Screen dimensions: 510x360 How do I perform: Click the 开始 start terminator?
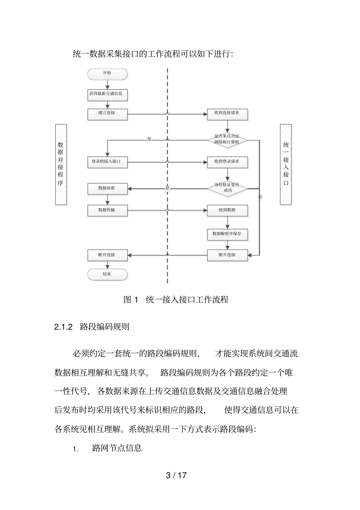tap(107, 74)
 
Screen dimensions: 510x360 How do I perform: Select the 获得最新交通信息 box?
tap(107, 94)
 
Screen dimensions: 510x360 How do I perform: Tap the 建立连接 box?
tap(107, 114)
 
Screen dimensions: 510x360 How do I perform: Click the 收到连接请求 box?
tap(227, 114)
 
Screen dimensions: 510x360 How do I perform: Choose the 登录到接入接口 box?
tap(107, 162)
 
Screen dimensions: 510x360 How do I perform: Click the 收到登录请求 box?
tap(227, 162)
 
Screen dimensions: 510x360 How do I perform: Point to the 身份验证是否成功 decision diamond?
tap(227, 188)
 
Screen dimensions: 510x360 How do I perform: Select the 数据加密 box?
tap(107, 188)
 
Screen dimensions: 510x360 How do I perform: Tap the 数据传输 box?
tap(107, 210)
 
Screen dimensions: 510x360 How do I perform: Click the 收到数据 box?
tap(227, 210)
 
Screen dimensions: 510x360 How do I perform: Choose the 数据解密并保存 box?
tap(227, 234)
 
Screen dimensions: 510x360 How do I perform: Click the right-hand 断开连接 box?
tap(227, 255)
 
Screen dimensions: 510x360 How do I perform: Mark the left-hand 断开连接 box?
tap(107, 255)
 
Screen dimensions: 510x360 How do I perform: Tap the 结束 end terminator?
tap(107, 275)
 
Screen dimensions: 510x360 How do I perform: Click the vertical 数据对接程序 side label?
tap(61, 164)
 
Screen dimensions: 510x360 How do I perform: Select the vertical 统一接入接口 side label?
tap(286, 164)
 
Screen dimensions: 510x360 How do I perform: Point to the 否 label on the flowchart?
tap(260, 197)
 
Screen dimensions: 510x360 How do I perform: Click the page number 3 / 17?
tap(176, 475)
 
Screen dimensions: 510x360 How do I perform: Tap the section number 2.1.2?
tap(63, 327)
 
